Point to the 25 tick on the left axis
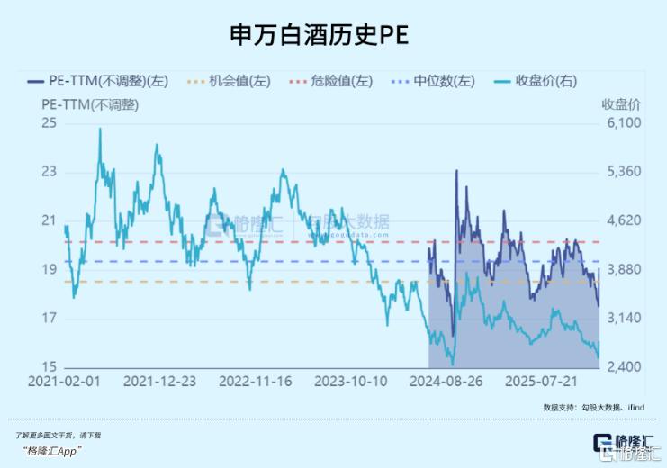tap(49, 122)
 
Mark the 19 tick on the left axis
tap(49, 269)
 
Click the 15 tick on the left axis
tap(49, 367)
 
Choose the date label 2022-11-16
tap(255, 381)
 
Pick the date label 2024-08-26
tap(446, 381)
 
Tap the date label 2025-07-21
tap(541, 381)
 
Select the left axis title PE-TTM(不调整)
tap(90, 104)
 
